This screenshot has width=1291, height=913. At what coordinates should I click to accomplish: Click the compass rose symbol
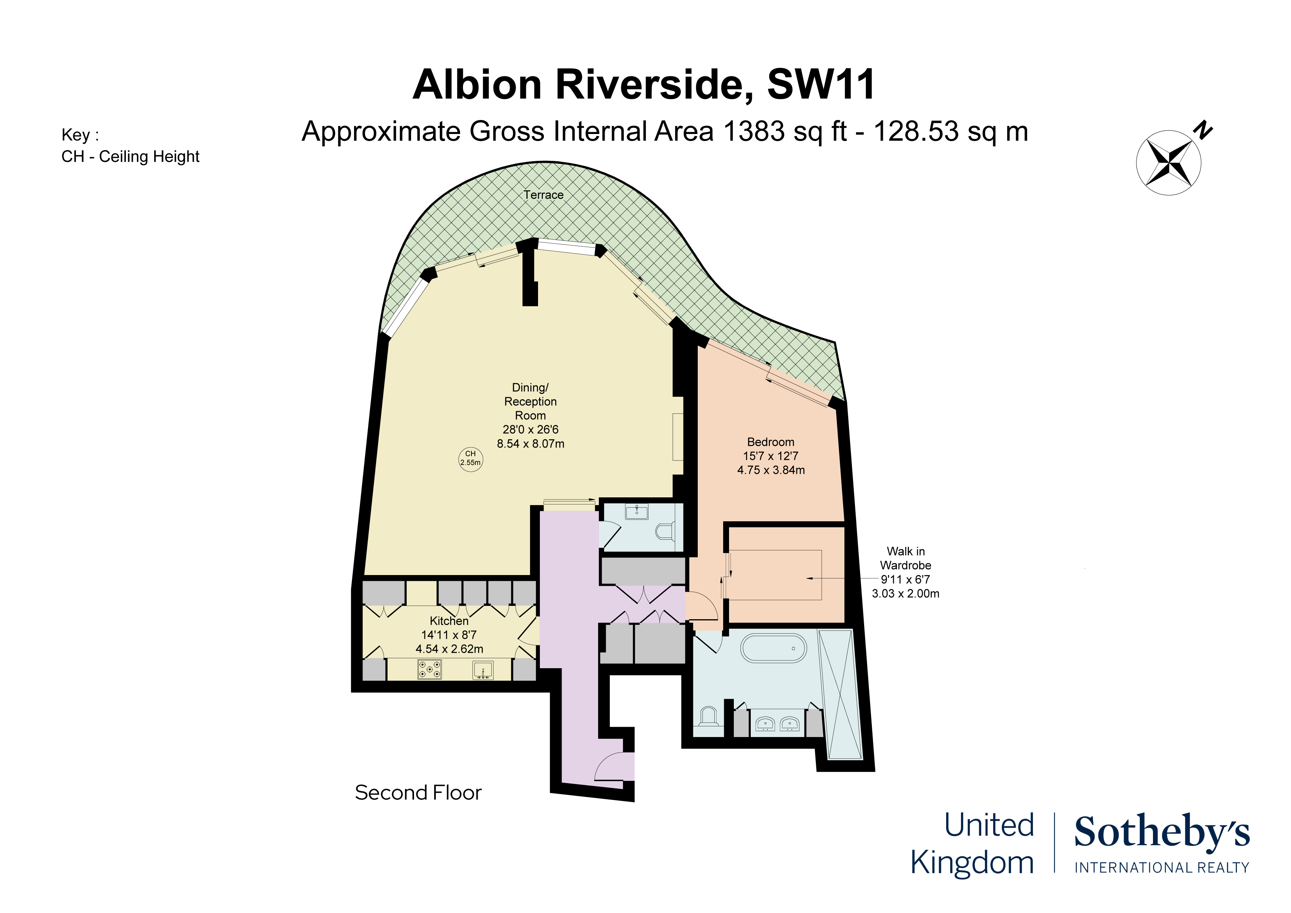click(1168, 163)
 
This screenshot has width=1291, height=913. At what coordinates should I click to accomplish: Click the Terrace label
click(543, 195)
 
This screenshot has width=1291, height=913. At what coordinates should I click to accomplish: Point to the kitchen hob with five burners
click(429, 669)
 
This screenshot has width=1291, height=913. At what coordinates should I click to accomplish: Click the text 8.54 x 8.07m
click(530, 443)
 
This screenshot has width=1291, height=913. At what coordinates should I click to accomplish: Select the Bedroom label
click(770, 442)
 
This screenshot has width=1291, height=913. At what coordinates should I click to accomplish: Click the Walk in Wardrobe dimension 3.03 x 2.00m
click(905, 593)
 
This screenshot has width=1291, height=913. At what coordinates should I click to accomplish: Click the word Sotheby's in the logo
click(1162, 832)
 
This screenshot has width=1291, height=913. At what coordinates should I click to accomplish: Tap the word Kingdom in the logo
click(972, 862)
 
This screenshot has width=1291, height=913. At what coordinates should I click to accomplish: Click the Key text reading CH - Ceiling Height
click(130, 156)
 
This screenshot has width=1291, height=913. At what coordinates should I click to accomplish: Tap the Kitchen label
click(449, 620)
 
